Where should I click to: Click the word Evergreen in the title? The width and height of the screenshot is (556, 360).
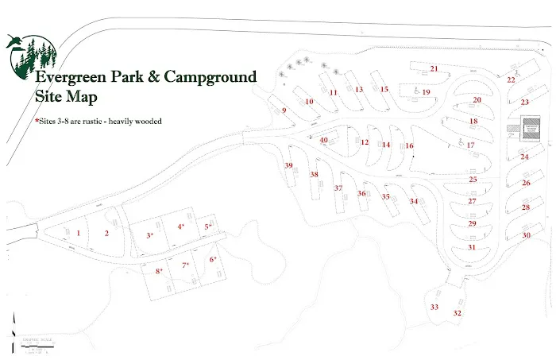click(72, 78)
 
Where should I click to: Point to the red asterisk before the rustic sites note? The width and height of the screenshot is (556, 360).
click(37, 122)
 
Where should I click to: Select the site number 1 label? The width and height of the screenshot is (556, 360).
click(79, 233)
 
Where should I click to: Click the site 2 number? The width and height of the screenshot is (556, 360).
click(106, 233)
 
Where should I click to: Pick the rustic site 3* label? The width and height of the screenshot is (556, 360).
click(149, 235)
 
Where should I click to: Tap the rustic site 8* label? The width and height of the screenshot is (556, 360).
click(160, 271)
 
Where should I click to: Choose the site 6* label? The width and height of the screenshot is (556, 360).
click(213, 259)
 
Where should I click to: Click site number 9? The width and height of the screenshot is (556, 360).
click(284, 110)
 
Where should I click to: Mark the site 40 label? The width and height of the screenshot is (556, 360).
click(324, 141)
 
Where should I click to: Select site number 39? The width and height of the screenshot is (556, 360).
click(289, 165)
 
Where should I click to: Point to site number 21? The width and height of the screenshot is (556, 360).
click(434, 68)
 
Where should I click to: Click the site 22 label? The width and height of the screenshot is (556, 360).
click(511, 79)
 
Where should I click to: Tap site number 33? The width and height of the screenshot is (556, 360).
click(434, 307)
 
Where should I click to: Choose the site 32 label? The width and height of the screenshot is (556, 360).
click(457, 313)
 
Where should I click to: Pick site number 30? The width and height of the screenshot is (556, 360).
click(526, 235)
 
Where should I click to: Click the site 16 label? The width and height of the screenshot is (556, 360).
click(410, 146)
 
